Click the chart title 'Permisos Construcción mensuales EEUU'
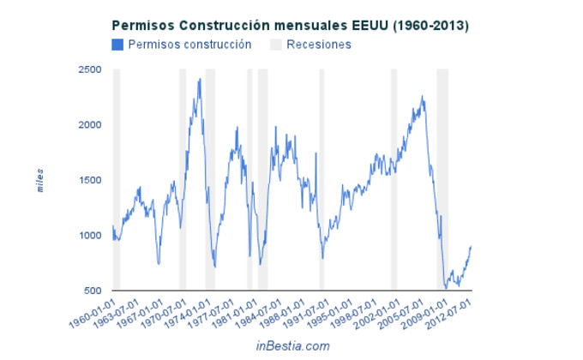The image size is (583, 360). pos(249,26)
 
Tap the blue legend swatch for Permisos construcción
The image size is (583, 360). pos(117,45)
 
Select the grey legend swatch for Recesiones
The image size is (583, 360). pos(276,45)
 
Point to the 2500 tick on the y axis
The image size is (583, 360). pos(90,70)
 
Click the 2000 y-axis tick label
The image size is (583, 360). pos(90,125)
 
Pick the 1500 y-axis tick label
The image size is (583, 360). pos(90,181)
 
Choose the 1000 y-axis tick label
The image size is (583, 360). pos(90,236)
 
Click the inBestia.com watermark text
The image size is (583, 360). pos(292,345)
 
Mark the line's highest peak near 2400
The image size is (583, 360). pos(200,79)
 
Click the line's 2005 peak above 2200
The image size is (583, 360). pos(422,97)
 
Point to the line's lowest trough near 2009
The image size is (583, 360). pos(447,288)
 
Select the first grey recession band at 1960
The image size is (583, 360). pos(117,180)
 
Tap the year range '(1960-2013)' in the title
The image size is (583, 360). pos(429,26)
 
